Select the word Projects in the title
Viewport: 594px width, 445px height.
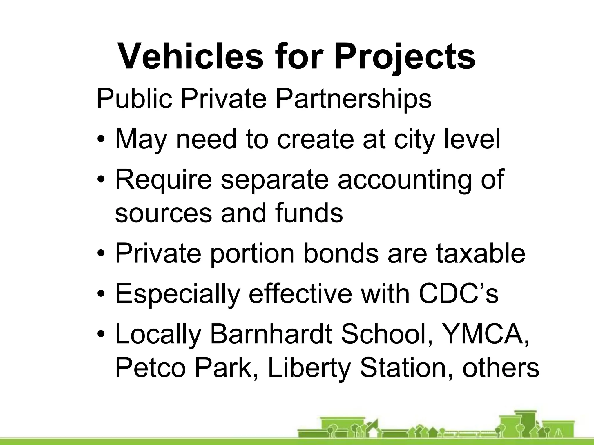pyautogui.click(x=405, y=56)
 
